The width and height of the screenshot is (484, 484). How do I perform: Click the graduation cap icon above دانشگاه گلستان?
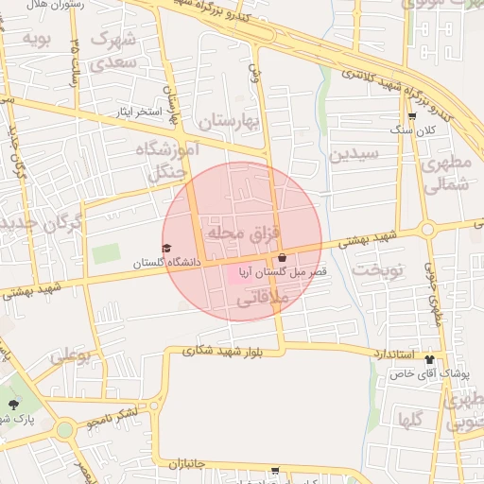(x=166, y=249)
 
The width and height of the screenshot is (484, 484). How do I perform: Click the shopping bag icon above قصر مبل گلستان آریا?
(x=282, y=257)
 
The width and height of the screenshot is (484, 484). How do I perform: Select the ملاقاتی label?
(x=260, y=300)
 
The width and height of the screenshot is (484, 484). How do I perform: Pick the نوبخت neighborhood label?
(x=378, y=269)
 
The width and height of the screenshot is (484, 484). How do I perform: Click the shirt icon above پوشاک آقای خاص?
(x=430, y=359)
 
